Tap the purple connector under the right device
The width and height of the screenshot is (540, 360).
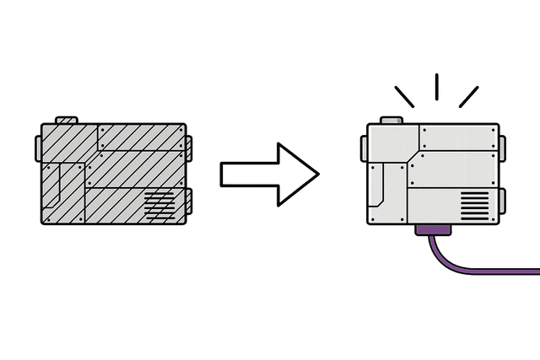pyautogui.click(x=435, y=230)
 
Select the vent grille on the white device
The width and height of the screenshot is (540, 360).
pyautogui.click(x=475, y=204)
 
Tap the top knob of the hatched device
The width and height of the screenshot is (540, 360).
pyautogui.click(x=65, y=120)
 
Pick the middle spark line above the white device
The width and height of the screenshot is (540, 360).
pyautogui.click(x=436, y=88)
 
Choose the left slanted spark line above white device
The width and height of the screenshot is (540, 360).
pyautogui.click(x=406, y=95)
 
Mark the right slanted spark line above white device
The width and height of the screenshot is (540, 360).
pyautogui.click(x=468, y=95)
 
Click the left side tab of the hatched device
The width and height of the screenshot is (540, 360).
pyautogui.click(x=38, y=148)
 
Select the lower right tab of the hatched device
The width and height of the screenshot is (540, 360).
pyautogui.click(x=188, y=201)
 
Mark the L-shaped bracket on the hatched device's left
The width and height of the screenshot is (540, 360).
pyautogui.click(x=62, y=190)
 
